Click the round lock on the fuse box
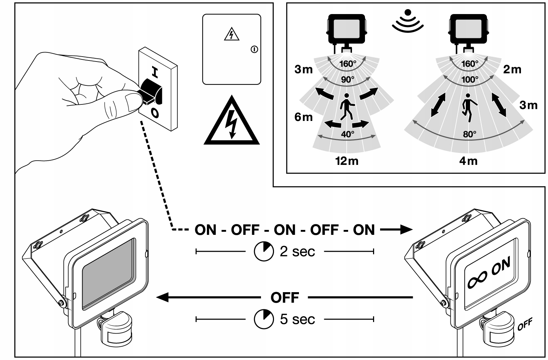254,50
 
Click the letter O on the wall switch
155,112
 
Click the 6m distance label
303,117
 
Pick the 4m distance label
468,161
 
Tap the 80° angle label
470,134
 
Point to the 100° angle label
470,79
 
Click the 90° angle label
347,79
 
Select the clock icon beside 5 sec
263,320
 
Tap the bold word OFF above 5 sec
285,298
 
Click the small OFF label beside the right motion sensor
524,324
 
